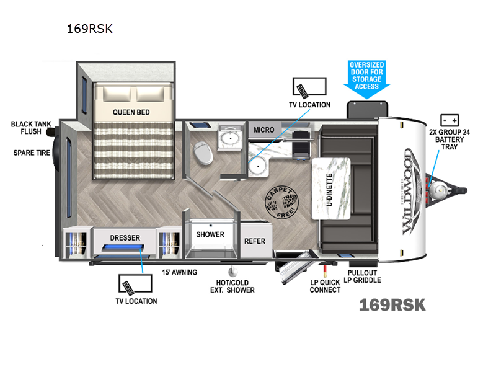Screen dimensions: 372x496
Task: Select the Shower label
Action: coord(210,235)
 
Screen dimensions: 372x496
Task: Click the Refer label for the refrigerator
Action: coord(254,241)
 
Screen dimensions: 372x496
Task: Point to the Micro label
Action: coord(263,130)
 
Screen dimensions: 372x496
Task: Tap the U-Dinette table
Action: coord(329,188)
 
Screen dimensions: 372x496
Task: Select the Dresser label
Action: coord(125,237)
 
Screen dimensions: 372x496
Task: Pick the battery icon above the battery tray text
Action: coord(449,120)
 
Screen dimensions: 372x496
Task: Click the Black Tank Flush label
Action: coord(26,128)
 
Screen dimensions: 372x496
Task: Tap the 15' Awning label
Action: coord(180,272)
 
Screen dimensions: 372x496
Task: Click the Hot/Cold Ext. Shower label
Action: coord(231,286)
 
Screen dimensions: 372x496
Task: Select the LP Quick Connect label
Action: coord(325,286)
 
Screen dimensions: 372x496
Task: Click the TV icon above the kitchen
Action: coord(308,87)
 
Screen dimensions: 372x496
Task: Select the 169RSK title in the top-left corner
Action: coord(89,29)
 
